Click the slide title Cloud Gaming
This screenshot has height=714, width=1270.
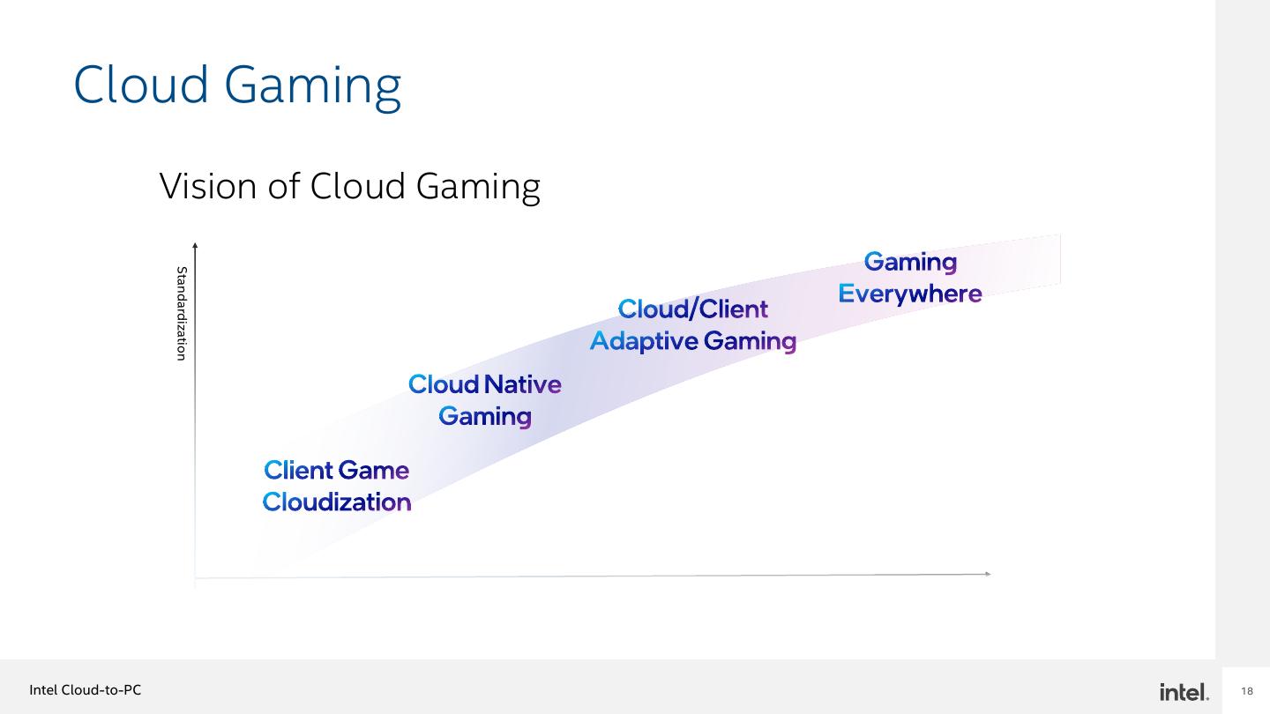[237, 86]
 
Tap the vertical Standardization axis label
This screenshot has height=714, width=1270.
[182, 313]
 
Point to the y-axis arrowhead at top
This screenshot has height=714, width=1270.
[195, 245]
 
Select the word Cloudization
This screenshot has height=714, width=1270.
[337, 502]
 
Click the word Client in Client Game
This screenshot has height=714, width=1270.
[297, 470]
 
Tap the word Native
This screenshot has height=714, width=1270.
[523, 384]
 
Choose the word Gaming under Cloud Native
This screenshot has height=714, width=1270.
[485, 416]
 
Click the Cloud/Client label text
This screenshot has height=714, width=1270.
[692, 309]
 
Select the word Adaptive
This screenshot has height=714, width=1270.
[644, 341]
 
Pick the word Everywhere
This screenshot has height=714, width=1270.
[909, 294]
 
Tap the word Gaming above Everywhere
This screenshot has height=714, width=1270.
[910, 263]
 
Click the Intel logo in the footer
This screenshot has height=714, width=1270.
[1184, 692]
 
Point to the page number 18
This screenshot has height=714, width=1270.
[1246, 691]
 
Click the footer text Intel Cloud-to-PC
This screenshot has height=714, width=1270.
[86, 690]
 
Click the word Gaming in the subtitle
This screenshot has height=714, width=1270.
[477, 186]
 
